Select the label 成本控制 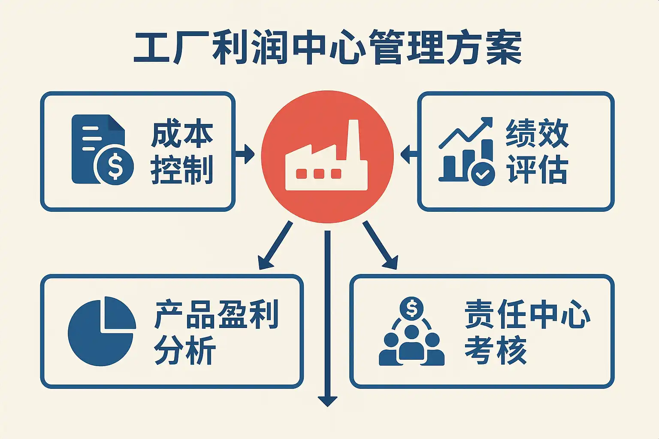point(182,152)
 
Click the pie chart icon point(102,331)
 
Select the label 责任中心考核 point(527,332)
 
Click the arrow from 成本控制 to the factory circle point(245,153)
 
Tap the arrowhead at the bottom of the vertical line point(327,401)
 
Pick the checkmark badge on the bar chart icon point(483,174)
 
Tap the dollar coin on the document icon point(115,166)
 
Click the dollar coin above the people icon point(411,308)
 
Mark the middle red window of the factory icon point(319,174)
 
